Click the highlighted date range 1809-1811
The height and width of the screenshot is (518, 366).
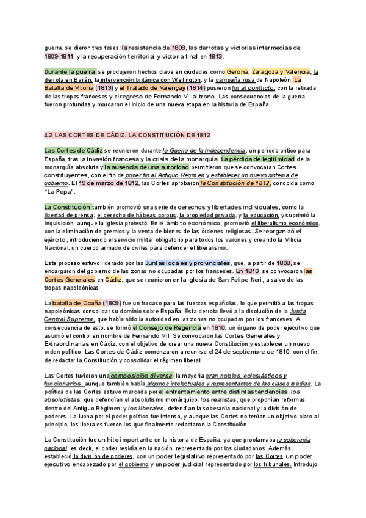[x=58, y=56]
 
